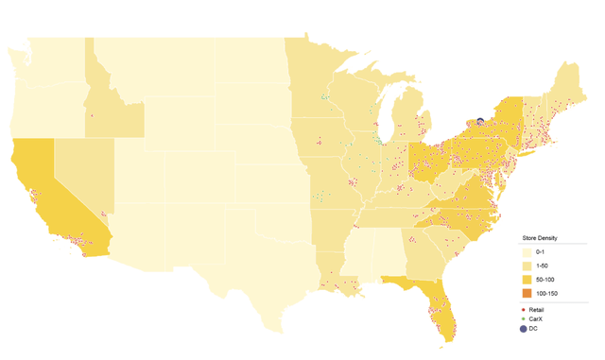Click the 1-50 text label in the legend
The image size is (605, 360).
542,268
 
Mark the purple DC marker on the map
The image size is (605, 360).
480,121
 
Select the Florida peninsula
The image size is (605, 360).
435,307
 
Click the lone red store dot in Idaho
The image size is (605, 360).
91,115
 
